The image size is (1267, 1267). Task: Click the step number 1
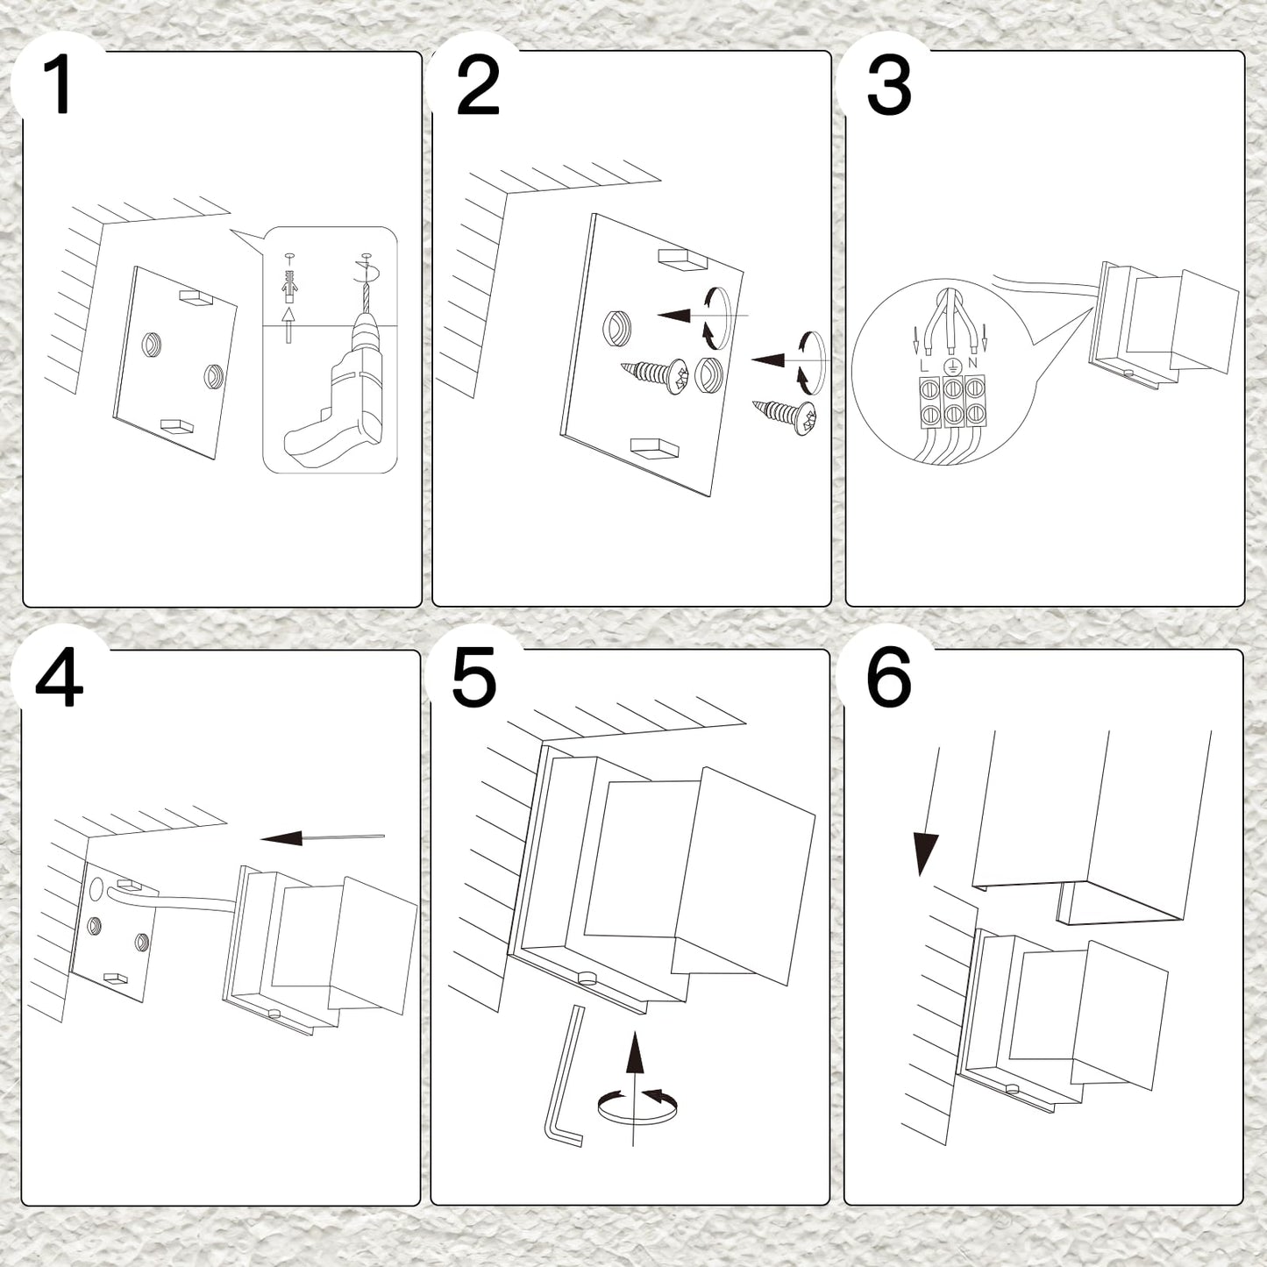coord(58,85)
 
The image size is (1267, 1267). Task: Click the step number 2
coord(478,85)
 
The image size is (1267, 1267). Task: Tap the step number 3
coord(888,85)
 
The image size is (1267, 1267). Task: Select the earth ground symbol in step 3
coord(949,366)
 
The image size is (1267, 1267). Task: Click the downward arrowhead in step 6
coord(926,854)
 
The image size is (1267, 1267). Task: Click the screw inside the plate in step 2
coord(656,377)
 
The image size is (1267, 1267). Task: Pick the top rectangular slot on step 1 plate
coord(196,297)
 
